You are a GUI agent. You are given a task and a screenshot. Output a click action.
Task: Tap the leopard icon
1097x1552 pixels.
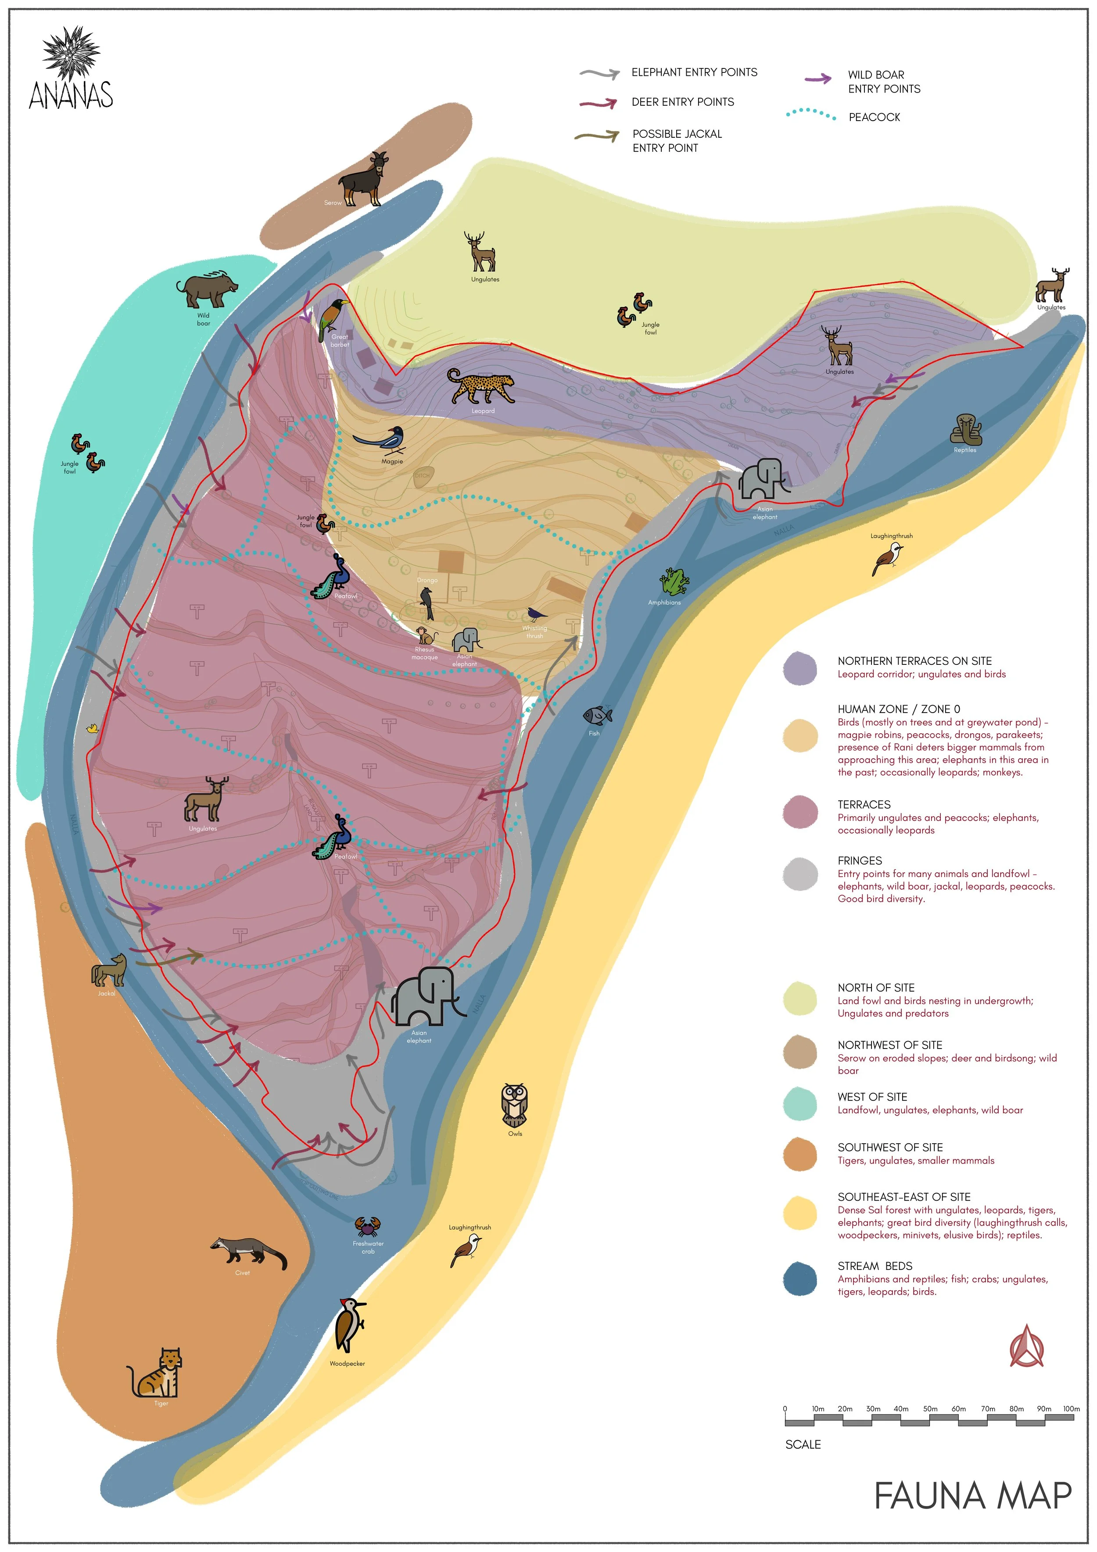click(x=481, y=387)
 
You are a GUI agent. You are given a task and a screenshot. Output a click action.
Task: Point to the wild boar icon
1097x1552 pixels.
click(x=206, y=289)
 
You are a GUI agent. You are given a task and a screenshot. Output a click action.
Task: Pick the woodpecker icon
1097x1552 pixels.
click(x=350, y=1324)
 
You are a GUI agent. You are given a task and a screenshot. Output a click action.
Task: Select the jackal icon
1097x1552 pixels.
click(x=110, y=970)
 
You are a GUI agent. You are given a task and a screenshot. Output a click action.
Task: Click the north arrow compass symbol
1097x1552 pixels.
click(x=1026, y=1345)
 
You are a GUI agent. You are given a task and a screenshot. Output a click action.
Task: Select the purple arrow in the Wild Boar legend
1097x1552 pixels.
click(x=817, y=79)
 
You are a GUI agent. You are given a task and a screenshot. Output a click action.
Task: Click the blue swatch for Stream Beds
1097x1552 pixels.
click(x=799, y=1278)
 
